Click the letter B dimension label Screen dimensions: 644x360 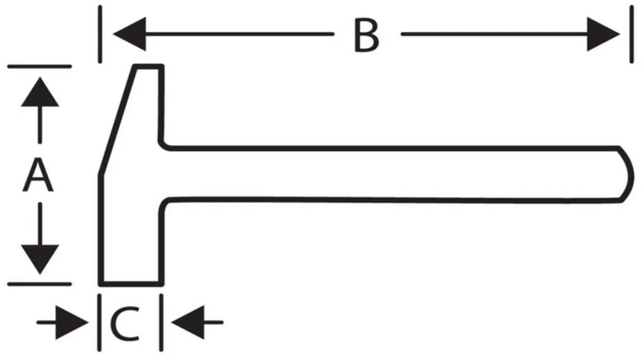[x=366, y=36]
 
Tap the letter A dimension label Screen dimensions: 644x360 [x=38, y=176]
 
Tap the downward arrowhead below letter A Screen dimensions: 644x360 [x=40, y=259]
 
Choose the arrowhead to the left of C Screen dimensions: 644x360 [x=72, y=322]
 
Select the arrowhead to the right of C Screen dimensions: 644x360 [x=188, y=322]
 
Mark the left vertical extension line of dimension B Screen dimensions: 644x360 [x=100, y=34]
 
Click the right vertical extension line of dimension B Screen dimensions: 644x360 [x=631, y=34]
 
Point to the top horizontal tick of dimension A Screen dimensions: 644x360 [x=39, y=66]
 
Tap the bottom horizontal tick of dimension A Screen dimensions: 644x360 [x=39, y=284]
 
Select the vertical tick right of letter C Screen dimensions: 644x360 [x=161, y=322]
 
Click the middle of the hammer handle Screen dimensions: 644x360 [x=394, y=173]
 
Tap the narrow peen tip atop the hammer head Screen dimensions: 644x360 [x=148, y=67]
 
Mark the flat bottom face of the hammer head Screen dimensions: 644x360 [x=131, y=284]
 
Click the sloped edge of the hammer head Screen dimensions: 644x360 [x=117, y=120]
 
